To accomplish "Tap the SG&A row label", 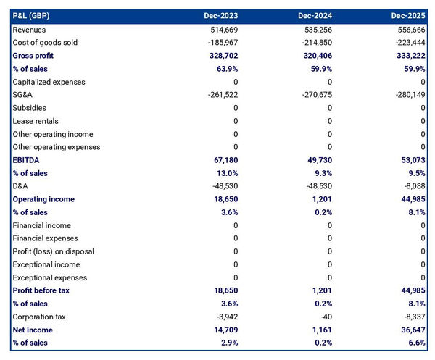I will tap(24, 95).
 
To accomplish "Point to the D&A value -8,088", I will tap(412, 186).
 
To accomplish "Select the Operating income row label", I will tap(43, 199).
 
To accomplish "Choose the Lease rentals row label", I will tap(36, 121).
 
